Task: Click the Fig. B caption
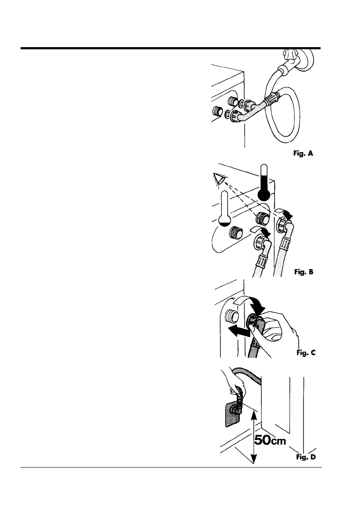tap(305, 271)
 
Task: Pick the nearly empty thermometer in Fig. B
tap(224, 209)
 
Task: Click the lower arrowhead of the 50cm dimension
tap(254, 462)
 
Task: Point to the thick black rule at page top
tap(171, 48)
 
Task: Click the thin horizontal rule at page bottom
tap(171, 467)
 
